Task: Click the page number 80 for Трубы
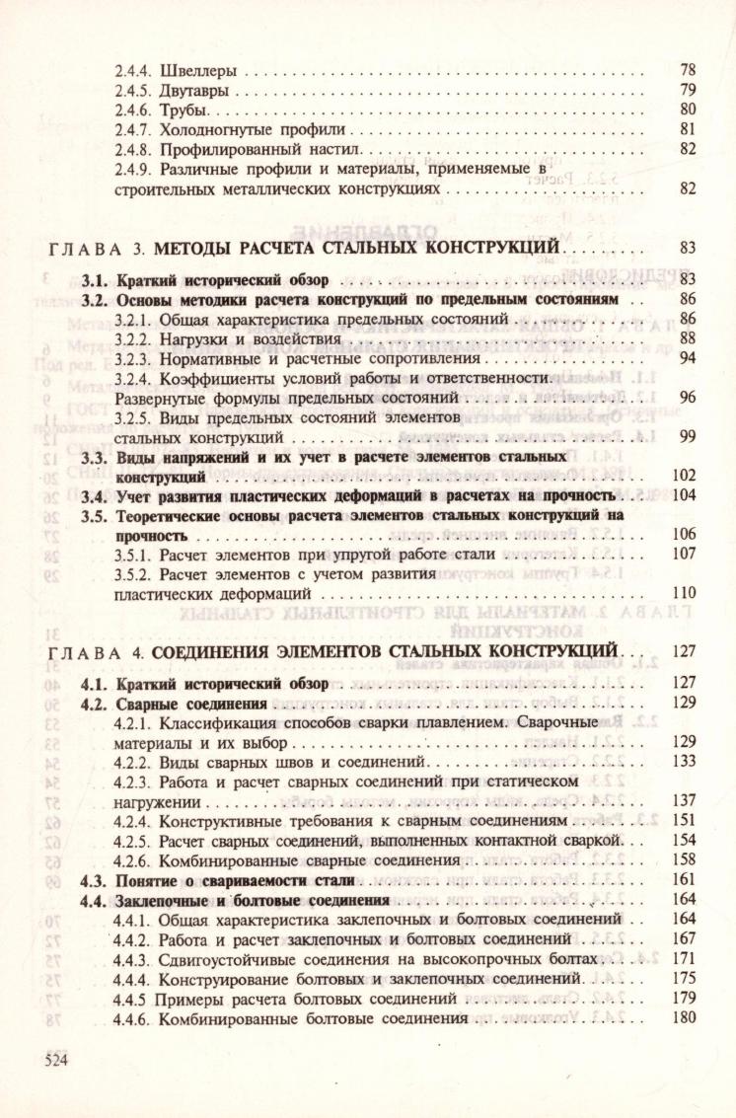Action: coord(689,110)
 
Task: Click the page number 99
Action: coord(689,436)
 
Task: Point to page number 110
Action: coord(685,594)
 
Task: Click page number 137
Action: coord(685,801)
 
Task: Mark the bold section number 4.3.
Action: coord(93,879)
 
